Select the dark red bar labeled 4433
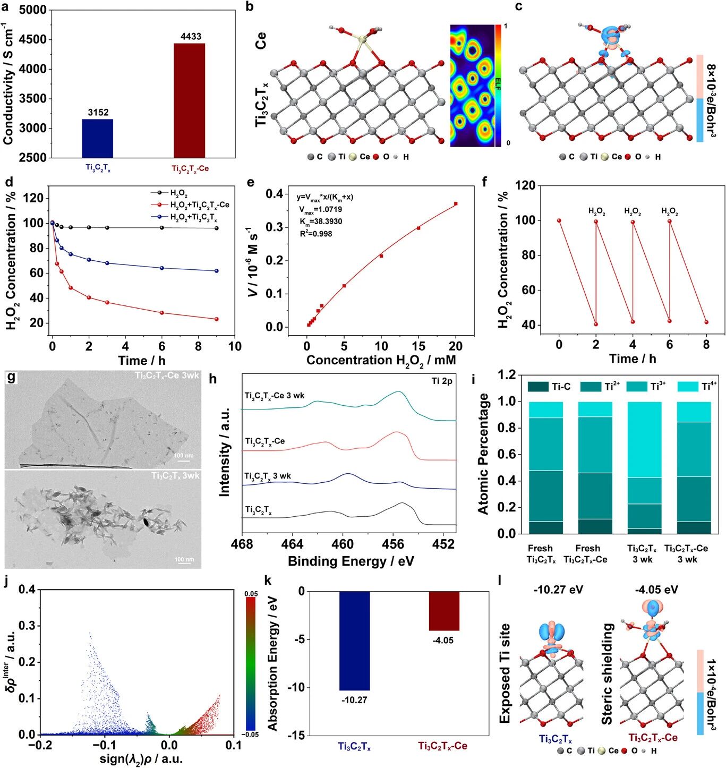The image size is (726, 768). [190, 100]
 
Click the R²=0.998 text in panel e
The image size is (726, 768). [315, 234]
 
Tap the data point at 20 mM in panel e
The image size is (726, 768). [456, 203]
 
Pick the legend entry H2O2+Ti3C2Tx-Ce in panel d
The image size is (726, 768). [199, 205]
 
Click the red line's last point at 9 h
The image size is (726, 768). [217, 319]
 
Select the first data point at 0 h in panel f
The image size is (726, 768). [559, 220]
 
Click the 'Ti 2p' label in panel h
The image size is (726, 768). [442, 381]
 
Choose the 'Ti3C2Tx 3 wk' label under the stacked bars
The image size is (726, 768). [642, 553]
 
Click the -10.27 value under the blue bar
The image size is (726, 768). [354, 700]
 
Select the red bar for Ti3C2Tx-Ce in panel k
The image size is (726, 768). [444, 611]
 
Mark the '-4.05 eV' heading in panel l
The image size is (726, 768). [656, 590]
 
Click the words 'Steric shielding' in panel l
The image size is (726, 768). [607, 674]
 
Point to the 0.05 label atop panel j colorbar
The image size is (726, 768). [251, 594]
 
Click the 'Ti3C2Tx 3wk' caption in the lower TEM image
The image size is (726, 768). [175, 475]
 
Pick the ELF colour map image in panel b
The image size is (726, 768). [472, 86]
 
